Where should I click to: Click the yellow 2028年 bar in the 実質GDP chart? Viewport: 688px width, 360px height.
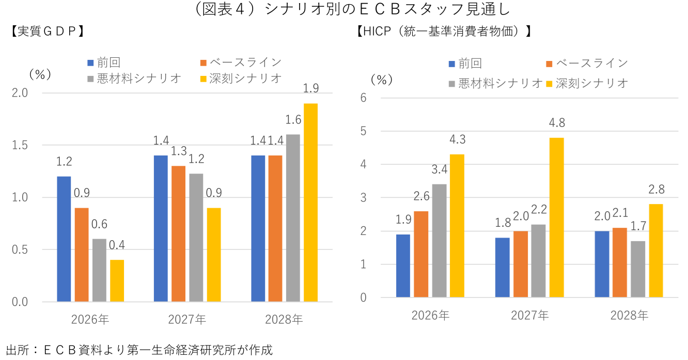(x=310, y=202)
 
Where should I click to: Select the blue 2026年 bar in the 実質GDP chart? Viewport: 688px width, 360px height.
(x=64, y=239)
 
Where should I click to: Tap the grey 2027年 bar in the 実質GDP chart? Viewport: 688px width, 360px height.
(x=196, y=237)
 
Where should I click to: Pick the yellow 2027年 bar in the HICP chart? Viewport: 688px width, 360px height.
(x=556, y=217)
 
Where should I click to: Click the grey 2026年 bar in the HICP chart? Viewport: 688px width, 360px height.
(x=440, y=241)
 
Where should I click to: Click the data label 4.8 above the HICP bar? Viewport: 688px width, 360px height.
(x=556, y=123)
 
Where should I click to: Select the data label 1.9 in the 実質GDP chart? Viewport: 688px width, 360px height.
(x=310, y=89)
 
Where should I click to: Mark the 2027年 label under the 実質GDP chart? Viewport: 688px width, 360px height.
(x=187, y=319)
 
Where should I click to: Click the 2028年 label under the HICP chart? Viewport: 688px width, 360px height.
(x=629, y=315)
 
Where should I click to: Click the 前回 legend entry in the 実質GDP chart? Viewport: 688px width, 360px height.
(x=103, y=62)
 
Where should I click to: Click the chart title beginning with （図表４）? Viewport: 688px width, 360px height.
(x=344, y=10)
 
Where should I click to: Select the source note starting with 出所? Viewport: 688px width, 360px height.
(x=138, y=350)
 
